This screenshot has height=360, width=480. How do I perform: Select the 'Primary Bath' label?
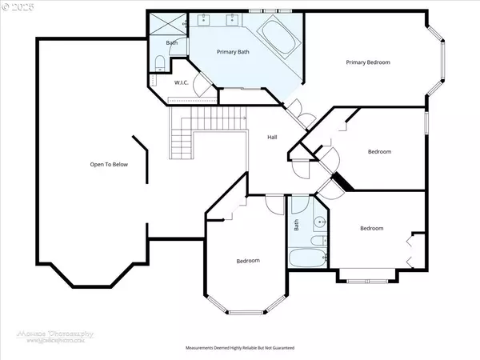pyautogui.click(x=234, y=51)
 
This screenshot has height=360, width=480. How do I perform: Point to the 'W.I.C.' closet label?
pyautogui.click(x=182, y=82)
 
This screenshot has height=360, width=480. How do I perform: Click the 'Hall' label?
pyautogui.click(x=272, y=138)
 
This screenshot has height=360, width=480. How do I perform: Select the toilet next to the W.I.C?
pyautogui.click(x=159, y=62)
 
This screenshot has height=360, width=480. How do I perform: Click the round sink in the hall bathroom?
pyautogui.click(x=321, y=223)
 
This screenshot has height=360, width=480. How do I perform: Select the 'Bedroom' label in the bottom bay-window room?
pyautogui.click(x=247, y=262)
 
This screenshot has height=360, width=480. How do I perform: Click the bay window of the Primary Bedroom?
pyautogui.click(x=439, y=61)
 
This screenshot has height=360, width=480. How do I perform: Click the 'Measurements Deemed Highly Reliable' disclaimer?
pyautogui.click(x=240, y=349)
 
